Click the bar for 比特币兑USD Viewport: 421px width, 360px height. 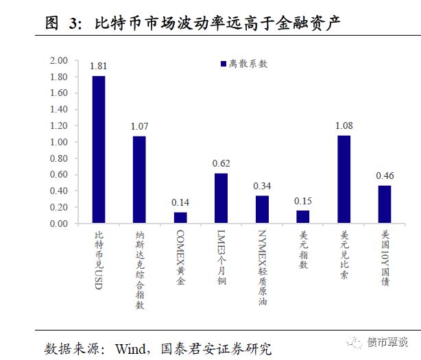pyautogui.click(x=99, y=149)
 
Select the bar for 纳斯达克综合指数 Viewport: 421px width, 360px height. pyautogui.click(x=139, y=180)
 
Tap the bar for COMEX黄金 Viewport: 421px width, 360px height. pyautogui.click(x=180, y=217)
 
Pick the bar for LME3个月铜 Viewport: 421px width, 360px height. pyautogui.click(x=221, y=198)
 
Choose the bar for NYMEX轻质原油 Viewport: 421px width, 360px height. pyautogui.click(x=262, y=209)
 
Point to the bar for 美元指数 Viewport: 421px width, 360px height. pyautogui.click(x=303, y=217)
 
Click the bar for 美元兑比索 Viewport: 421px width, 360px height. pyautogui.click(x=344, y=179)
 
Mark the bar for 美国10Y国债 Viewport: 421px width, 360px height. pyautogui.click(x=384, y=204)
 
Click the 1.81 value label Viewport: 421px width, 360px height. pyautogui.click(x=99, y=67)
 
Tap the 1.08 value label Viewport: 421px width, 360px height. pyautogui.click(x=344, y=126)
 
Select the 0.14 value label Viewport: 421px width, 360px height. pyautogui.click(x=180, y=203)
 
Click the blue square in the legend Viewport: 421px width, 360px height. pyautogui.click(x=223, y=64)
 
